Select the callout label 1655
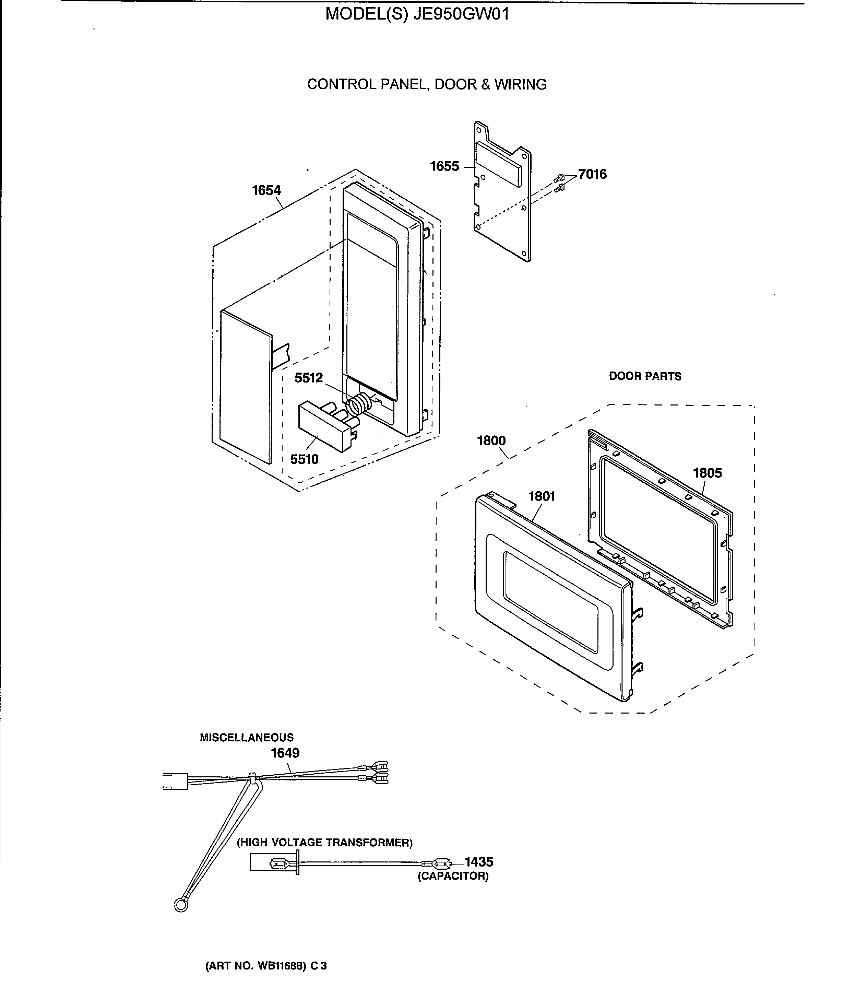pos(444,166)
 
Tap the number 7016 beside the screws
pos(592,174)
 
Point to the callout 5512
pos(309,378)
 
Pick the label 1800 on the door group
pos(491,441)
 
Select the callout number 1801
pos(542,497)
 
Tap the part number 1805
pos(707,473)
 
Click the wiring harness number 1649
pos(285,753)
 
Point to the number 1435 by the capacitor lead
pos(479,862)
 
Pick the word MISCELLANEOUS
pos(247,738)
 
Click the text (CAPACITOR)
pos(453,877)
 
